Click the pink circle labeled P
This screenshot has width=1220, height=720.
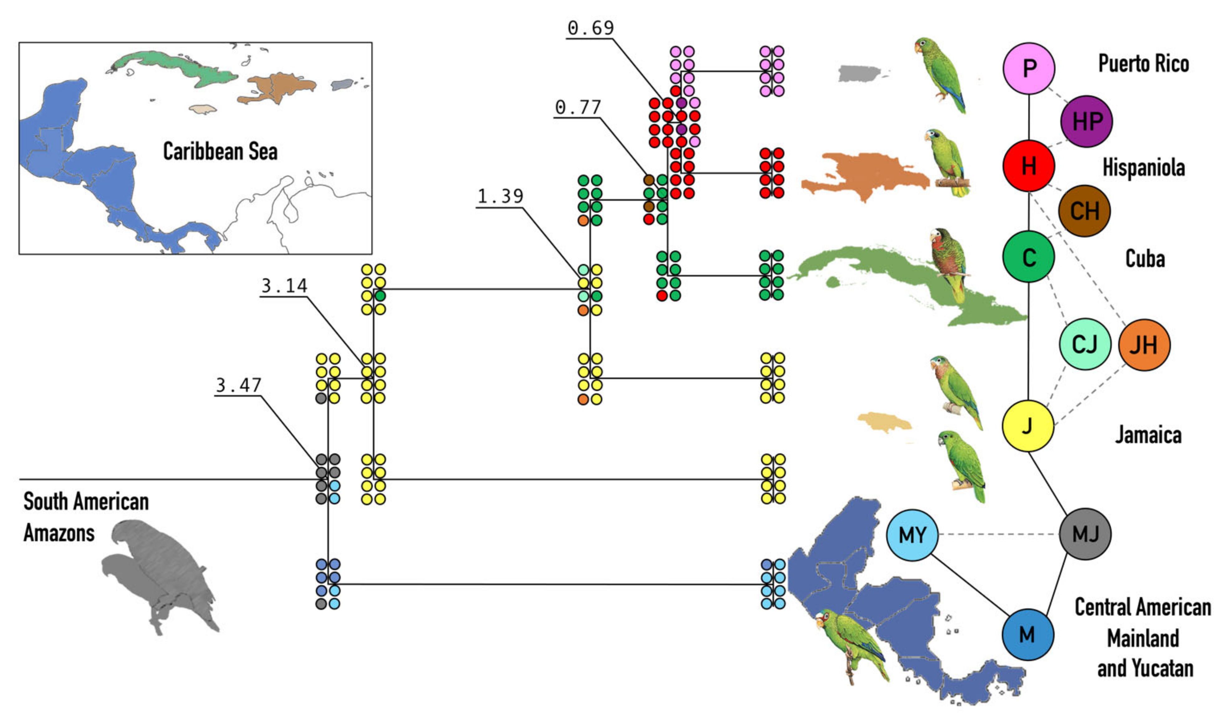point(1029,68)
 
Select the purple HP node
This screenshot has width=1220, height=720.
point(1086,121)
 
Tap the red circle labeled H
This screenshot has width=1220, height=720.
point(1029,166)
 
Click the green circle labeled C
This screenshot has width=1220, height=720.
point(1029,257)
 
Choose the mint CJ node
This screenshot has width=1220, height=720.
point(1085,344)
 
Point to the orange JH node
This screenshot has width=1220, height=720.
point(1144,345)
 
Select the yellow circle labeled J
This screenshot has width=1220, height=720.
point(1028,426)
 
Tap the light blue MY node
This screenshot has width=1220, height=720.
point(912,535)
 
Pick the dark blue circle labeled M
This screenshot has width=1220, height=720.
point(1028,635)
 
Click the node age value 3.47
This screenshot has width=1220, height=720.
point(239,386)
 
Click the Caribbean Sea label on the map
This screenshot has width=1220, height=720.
point(220,151)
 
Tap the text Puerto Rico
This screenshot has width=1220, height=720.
point(1143,64)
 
